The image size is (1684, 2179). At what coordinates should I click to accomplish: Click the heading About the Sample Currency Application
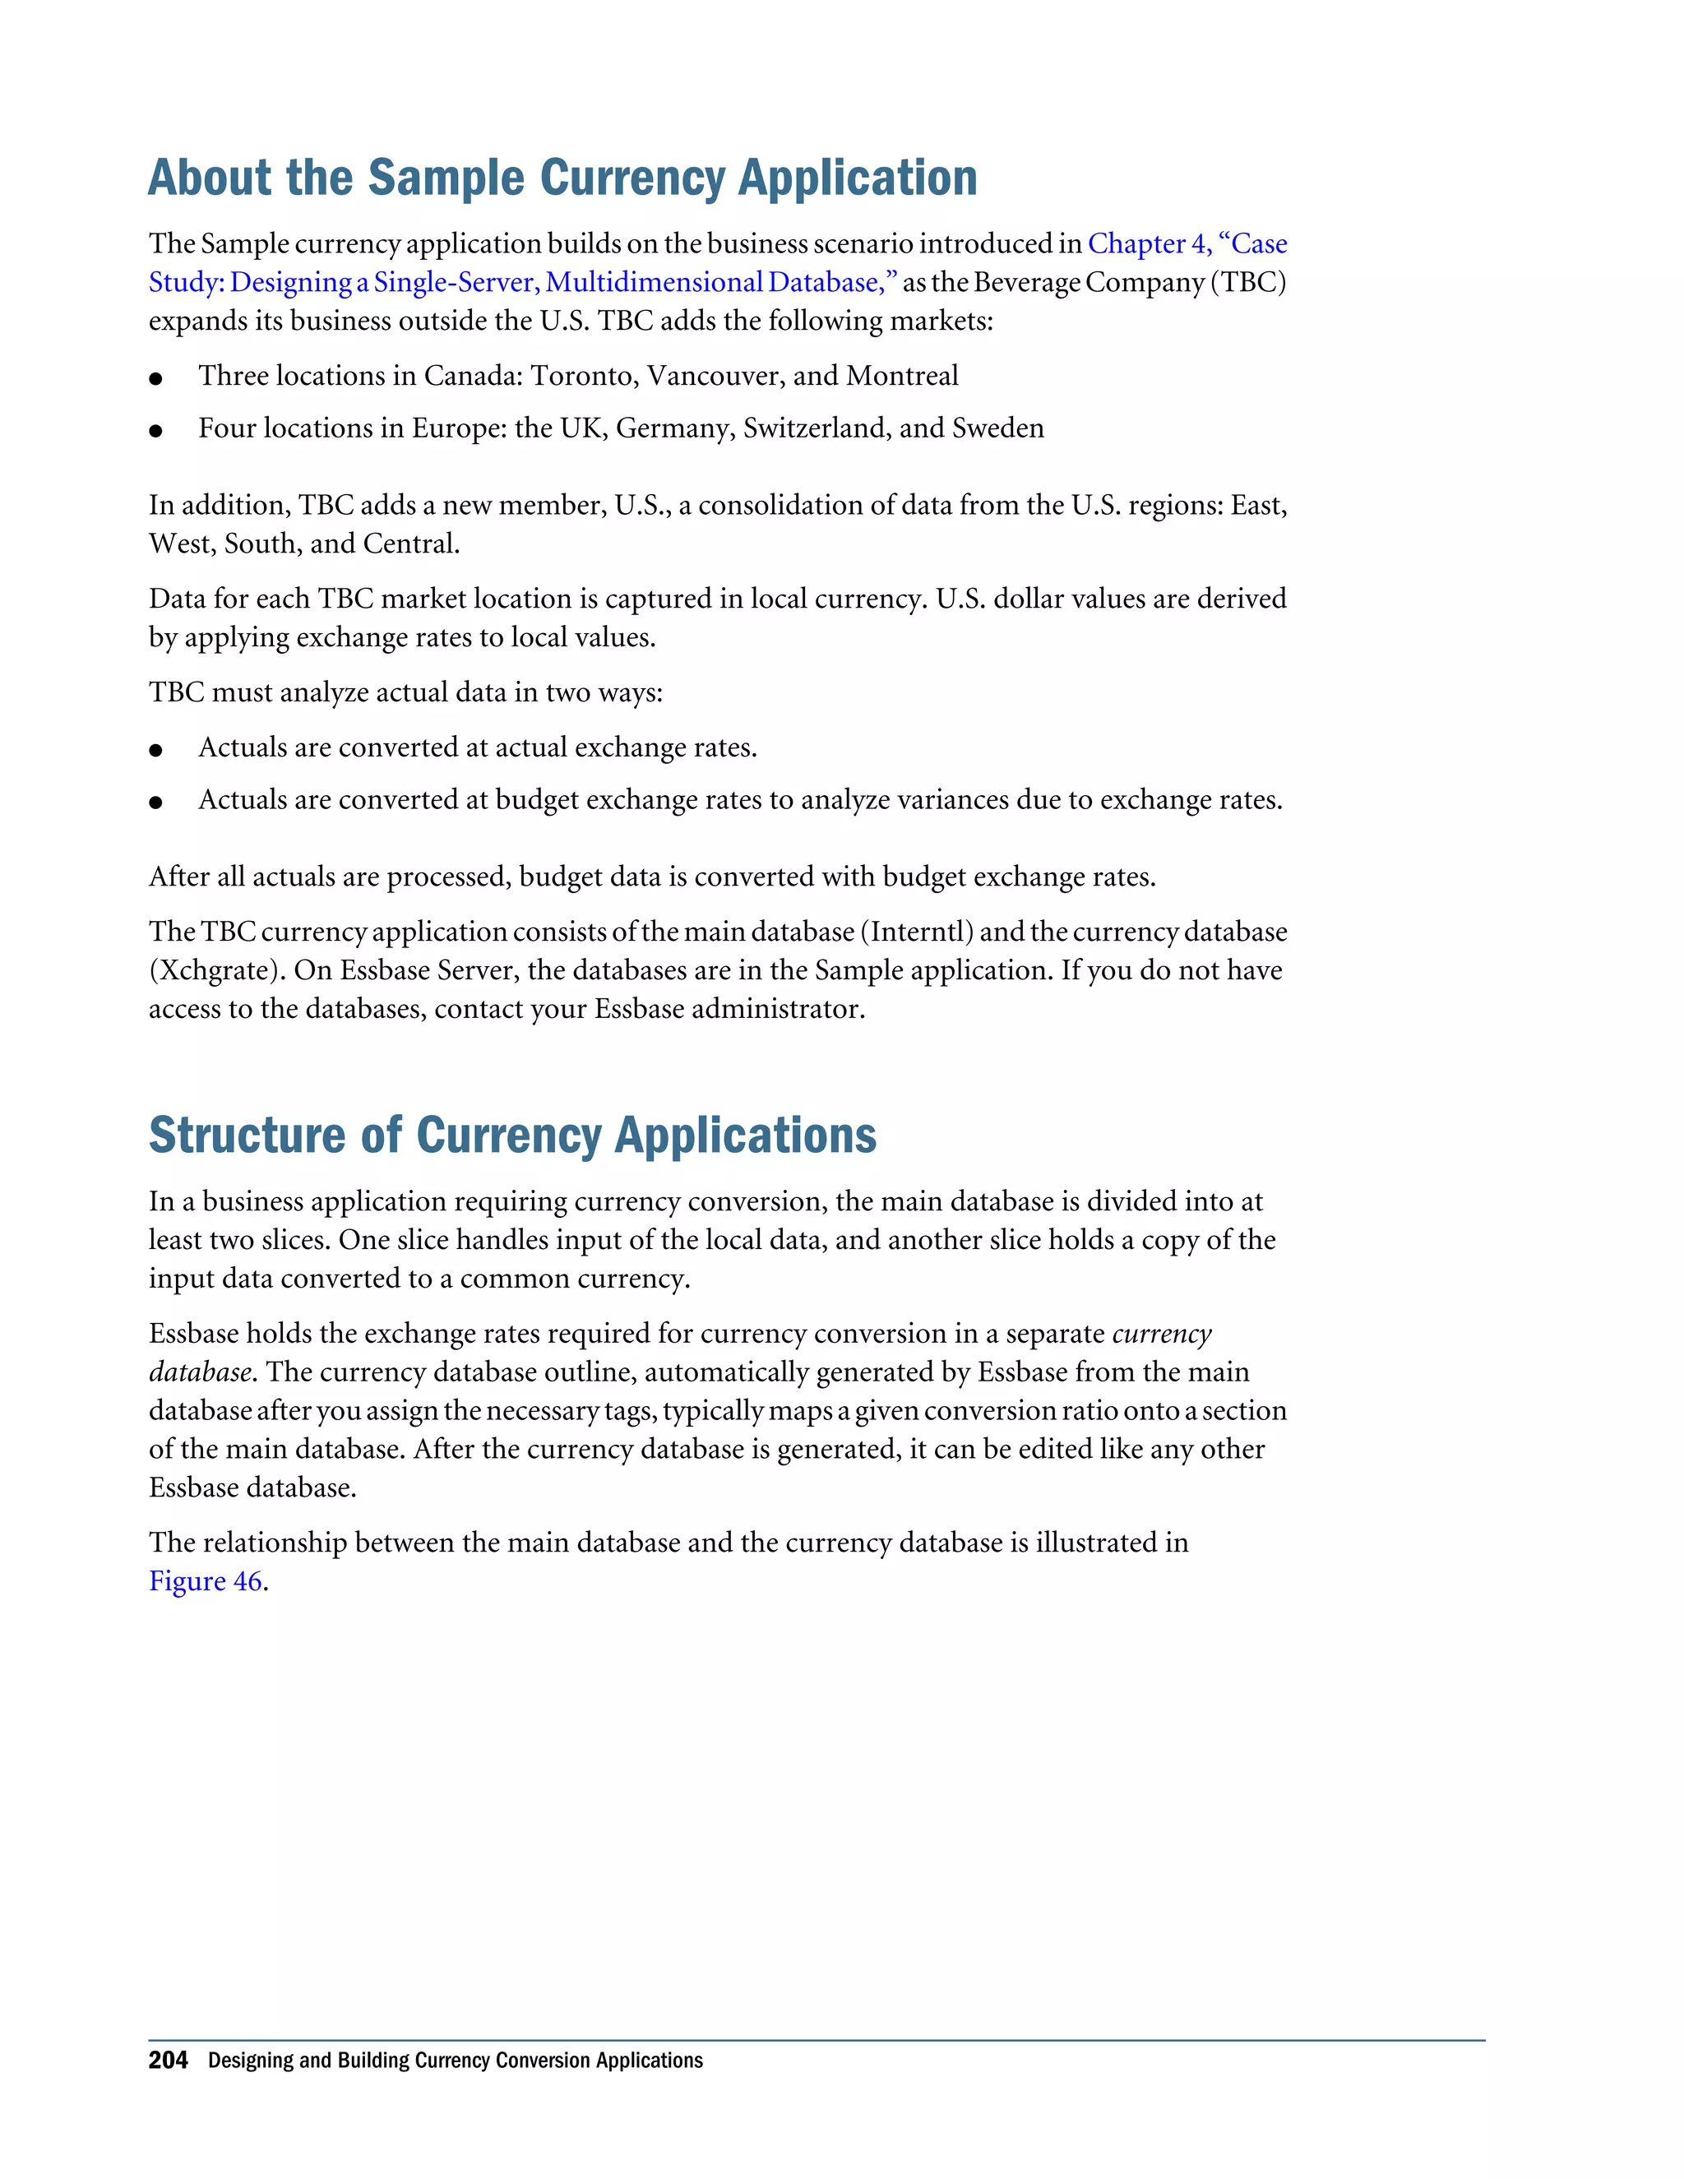(x=562, y=178)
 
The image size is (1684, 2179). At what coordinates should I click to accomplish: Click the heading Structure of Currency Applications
(x=511, y=1136)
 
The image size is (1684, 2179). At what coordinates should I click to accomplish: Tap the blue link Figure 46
(x=206, y=1581)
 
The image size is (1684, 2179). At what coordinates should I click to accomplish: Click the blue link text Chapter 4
(x=1147, y=243)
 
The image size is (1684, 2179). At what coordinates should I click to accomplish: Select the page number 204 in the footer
(x=168, y=2061)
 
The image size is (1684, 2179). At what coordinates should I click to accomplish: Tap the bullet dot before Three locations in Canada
(x=155, y=379)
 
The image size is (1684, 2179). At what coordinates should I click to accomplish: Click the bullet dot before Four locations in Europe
(x=155, y=431)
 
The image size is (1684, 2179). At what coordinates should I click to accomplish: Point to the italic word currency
(x=1161, y=1334)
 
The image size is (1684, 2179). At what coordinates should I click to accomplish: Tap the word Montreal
(x=902, y=376)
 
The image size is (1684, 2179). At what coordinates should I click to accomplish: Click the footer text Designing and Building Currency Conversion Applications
(x=455, y=2061)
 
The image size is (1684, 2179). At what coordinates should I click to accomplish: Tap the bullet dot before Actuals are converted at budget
(x=155, y=803)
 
